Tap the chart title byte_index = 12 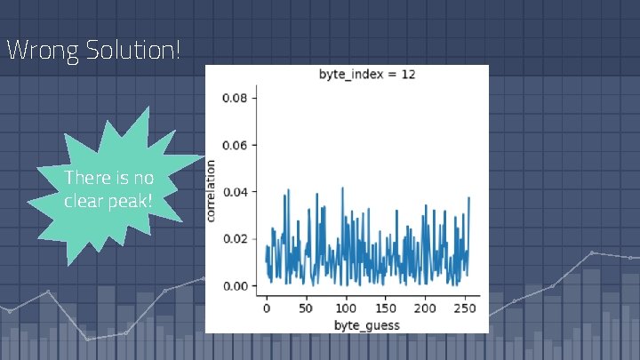point(367,74)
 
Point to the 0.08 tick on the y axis point(236,98)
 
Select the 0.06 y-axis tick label point(236,145)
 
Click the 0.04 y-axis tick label point(236,192)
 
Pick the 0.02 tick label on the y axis point(236,239)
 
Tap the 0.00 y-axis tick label point(236,286)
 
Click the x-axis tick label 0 point(267,308)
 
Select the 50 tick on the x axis point(307,308)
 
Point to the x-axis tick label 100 point(346,308)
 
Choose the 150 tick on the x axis point(386,308)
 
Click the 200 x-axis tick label point(425,308)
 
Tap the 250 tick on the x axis point(465,308)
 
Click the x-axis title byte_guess point(366,324)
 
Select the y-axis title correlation point(212,191)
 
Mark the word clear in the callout point(84,202)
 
